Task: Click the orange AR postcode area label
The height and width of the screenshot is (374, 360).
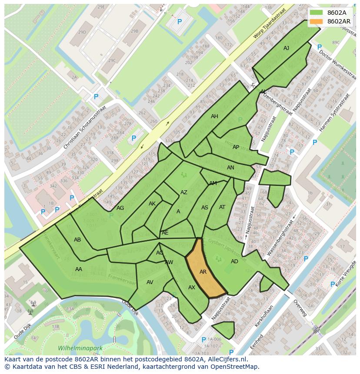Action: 203,272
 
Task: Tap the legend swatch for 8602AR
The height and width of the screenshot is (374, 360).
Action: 317,21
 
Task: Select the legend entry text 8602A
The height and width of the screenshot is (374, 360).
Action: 337,13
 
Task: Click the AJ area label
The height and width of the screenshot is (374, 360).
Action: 286,48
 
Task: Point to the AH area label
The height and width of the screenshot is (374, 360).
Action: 214,116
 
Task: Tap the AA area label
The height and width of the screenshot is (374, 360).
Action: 79,269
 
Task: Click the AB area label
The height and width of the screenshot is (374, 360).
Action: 77,240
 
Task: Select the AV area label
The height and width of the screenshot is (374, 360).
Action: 150,282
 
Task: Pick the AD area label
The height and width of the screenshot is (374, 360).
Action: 234,261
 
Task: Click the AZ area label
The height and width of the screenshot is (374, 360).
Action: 184,192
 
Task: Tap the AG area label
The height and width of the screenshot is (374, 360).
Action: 120,208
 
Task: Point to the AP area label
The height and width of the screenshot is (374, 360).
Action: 236,147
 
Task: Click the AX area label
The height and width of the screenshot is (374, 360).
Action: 192,288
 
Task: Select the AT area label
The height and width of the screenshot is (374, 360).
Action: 222,207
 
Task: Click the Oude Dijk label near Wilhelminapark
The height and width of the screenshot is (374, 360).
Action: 22,333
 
